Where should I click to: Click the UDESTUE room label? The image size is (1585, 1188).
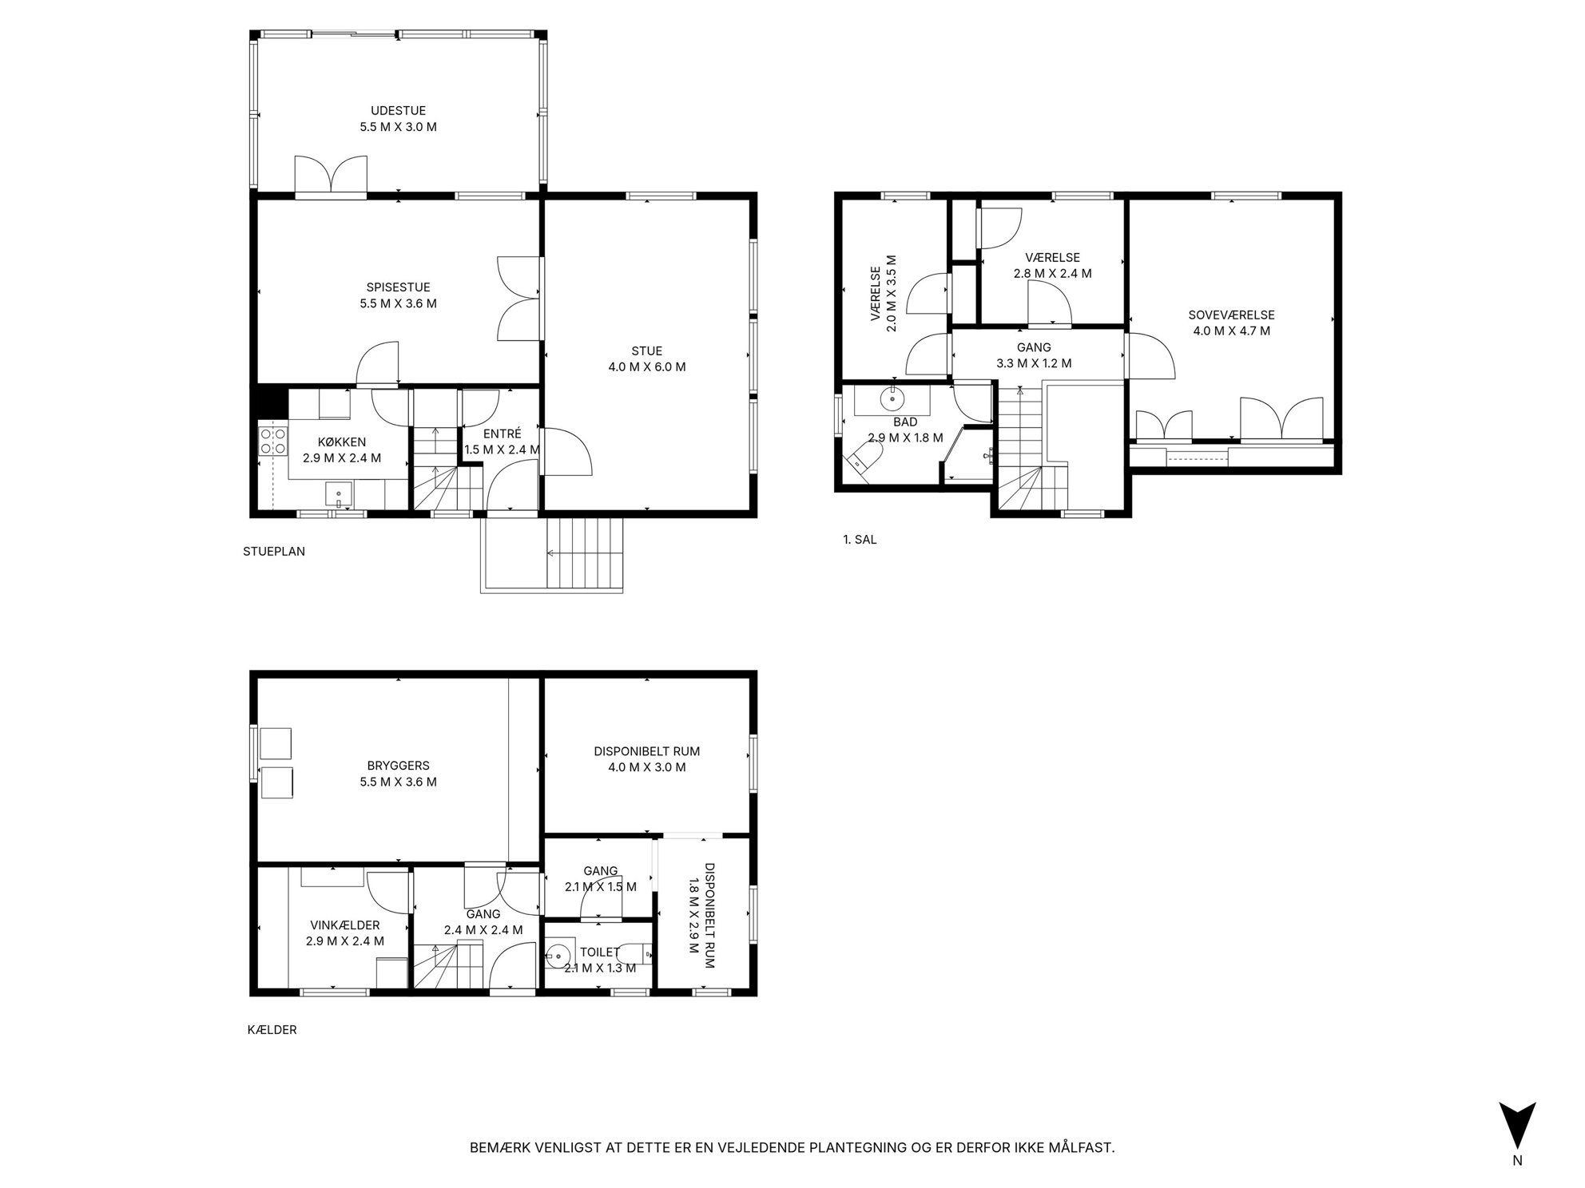click(398, 111)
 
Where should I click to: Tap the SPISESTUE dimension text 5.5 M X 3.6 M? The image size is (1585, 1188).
click(398, 303)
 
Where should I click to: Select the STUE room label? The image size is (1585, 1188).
click(646, 351)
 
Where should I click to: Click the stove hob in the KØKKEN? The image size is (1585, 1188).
click(273, 441)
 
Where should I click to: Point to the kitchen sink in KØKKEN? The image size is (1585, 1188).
click(340, 494)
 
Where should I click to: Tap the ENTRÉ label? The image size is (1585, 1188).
click(502, 434)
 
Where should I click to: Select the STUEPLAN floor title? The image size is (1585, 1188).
click(274, 551)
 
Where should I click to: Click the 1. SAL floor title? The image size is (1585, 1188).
click(860, 540)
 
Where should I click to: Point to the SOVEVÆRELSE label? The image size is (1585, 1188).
click(1231, 315)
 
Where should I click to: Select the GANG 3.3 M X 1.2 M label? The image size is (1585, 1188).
click(1034, 355)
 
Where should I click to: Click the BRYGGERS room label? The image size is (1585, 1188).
click(398, 766)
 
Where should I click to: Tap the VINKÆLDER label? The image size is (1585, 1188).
click(345, 925)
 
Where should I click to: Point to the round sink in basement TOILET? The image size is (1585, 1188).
click(559, 953)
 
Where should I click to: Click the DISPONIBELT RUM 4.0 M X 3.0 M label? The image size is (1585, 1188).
click(646, 759)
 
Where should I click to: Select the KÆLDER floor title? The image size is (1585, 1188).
click(272, 1030)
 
